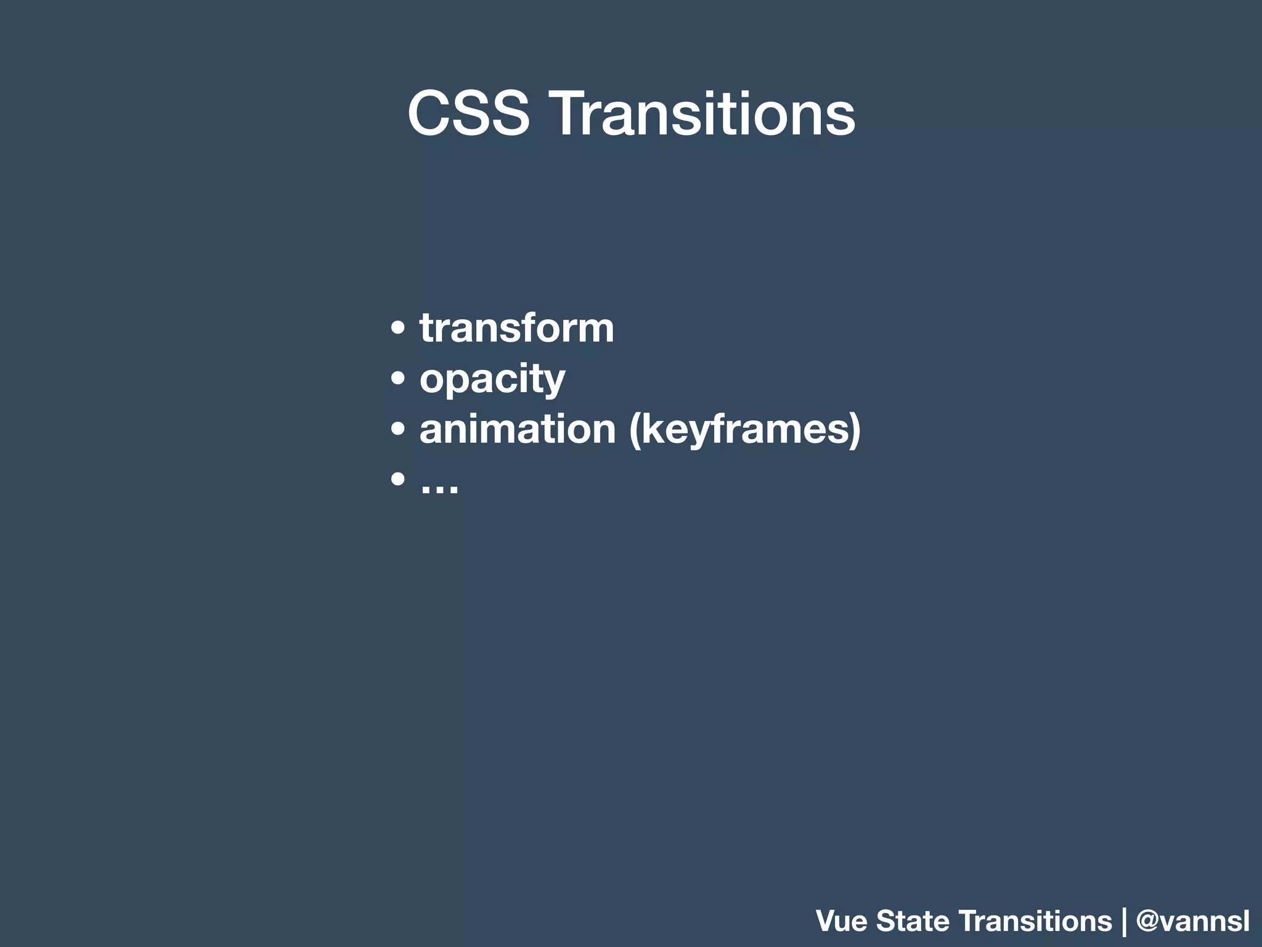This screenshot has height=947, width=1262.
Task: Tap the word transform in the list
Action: (516, 328)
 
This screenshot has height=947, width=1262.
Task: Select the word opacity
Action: (492, 379)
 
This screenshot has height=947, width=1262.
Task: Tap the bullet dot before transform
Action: (398, 329)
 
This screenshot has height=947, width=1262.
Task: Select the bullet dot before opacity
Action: (398, 379)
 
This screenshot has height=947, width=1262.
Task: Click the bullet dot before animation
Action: (398, 429)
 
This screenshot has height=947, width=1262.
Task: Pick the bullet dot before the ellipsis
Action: (398, 479)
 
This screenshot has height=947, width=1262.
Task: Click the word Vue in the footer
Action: (842, 921)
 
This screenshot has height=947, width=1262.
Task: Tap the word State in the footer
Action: (913, 921)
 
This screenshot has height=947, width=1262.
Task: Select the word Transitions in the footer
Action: (1036, 921)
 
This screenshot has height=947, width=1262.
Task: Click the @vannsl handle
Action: (1192, 921)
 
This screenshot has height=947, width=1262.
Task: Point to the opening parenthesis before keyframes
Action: (635, 430)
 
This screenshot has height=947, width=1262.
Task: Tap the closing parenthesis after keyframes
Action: (854, 430)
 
